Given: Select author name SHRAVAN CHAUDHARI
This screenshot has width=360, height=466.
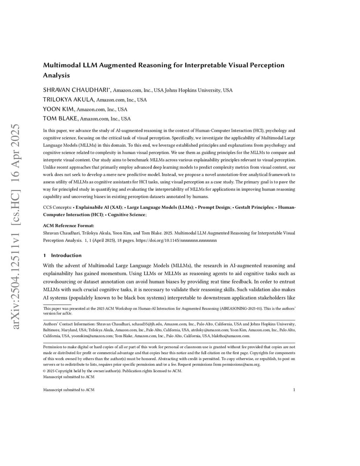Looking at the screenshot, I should [77, 90].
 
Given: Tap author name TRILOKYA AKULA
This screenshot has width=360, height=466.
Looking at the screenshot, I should [69, 100].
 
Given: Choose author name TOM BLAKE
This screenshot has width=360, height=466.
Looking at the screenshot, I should [60, 118].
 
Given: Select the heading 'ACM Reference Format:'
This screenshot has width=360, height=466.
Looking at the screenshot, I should [68, 226].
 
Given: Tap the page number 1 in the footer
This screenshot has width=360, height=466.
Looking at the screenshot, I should [294, 390].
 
